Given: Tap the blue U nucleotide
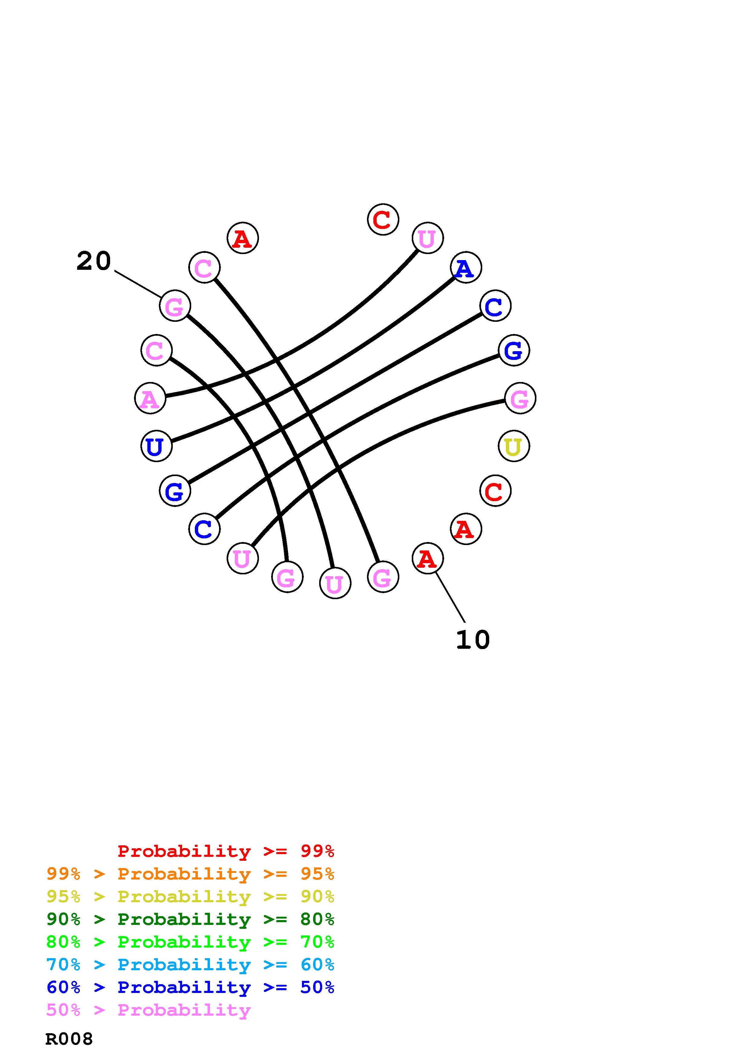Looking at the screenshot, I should (x=156, y=446).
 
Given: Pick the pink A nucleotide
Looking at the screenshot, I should (x=150, y=398).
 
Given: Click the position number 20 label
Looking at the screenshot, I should (x=94, y=261).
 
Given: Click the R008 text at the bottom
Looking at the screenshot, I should (x=69, y=1039).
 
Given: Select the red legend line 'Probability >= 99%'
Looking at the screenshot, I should (x=226, y=851).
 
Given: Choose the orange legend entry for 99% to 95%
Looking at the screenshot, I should (x=190, y=874).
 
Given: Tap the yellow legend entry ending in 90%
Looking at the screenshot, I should (x=190, y=896).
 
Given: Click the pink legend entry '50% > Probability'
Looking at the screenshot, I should (x=148, y=1010).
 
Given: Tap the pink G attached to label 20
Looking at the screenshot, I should (x=175, y=306).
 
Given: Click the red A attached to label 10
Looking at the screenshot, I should (x=427, y=559).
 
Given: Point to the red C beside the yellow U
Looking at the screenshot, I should (x=495, y=491).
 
